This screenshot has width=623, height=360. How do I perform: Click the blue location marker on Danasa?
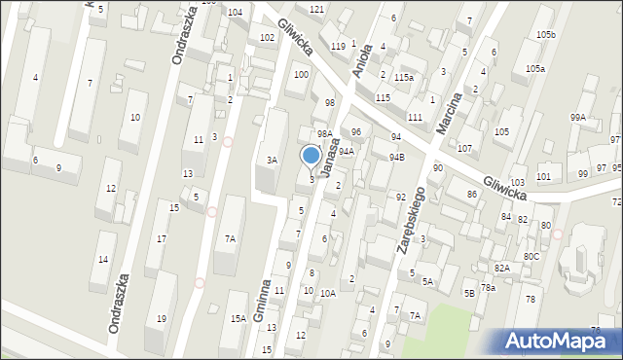(x=311, y=156)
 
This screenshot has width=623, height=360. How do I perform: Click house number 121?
(x=315, y=9)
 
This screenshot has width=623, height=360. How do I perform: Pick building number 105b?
(x=546, y=35)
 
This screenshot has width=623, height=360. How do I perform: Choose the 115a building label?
(x=404, y=77)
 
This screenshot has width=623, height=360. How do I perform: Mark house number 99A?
(x=579, y=118)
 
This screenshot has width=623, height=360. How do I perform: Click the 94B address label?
(x=396, y=157)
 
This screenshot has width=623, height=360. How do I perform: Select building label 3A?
(x=274, y=160)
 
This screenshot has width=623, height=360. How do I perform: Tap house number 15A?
(x=238, y=319)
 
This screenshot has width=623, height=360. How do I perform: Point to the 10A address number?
(x=328, y=293)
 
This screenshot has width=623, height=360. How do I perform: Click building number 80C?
(x=531, y=257)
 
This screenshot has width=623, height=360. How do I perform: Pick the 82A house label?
(x=501, y=268)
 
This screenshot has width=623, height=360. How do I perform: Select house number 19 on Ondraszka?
(x=162, y=319)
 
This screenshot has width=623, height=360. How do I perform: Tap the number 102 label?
(x=267, y=37)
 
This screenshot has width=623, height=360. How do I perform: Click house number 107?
(x=464, y=149)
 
